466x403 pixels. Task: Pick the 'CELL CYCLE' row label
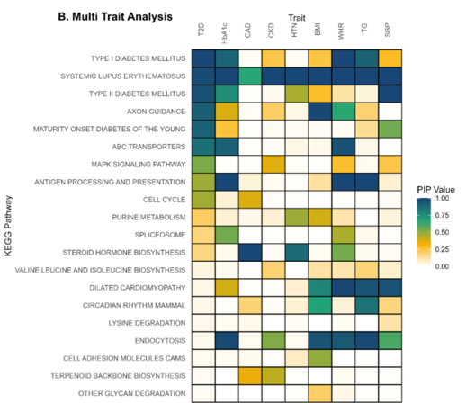162,198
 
